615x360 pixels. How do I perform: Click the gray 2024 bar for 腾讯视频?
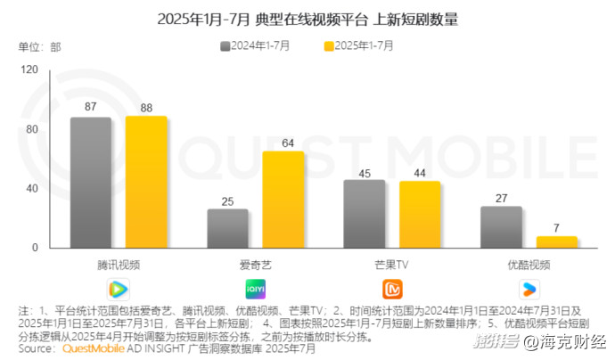[x=91, y=183]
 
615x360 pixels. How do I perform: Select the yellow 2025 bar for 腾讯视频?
[x=146, y=182]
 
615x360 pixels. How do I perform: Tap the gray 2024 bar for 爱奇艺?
[x=227, y=228]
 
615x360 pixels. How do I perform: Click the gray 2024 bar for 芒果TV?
[x=365, y=214]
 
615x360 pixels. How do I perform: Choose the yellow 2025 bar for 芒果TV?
[x=420, y=215]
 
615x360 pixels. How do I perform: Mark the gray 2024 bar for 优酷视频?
[x=501, y=227]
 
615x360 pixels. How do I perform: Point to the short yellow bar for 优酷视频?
[x=556, y=241]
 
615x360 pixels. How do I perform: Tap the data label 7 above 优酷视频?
[x=556, y=228]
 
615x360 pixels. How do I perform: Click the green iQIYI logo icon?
[x=255, y=288]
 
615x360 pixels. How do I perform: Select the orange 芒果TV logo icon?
[x=392, y=288]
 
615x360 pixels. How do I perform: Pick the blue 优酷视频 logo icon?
[x=529, y=288]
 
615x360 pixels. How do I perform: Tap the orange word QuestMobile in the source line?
[x=95, y=349]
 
